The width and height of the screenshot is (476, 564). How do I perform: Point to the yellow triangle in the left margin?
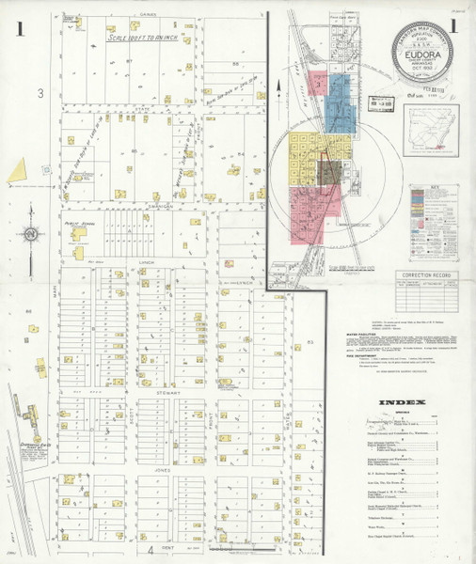17,168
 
